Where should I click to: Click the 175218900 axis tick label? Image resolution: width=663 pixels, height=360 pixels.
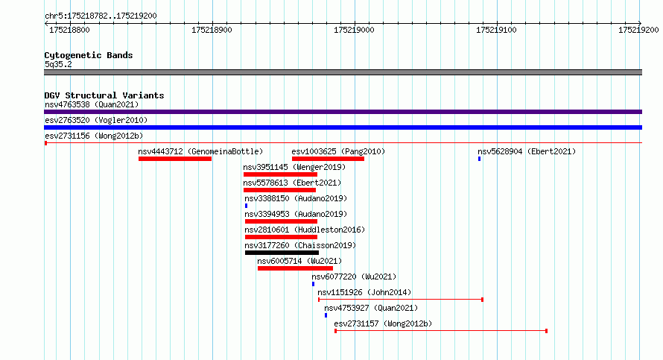[x=212, y=30]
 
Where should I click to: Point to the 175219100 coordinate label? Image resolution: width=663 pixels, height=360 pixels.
[x=496, y=30]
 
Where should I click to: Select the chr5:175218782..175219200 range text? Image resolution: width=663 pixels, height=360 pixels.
[x=101, y=16]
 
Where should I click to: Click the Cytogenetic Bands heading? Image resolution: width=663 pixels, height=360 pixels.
[x=89, y=55]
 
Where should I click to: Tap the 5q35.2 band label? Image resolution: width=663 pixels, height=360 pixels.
[x=58, y=64]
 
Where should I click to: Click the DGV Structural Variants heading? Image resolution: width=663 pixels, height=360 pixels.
[x=104, y=95]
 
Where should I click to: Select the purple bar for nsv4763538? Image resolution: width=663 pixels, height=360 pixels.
[x=343, y=112]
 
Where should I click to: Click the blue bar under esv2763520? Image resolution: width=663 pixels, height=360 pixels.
[x=343, y=127]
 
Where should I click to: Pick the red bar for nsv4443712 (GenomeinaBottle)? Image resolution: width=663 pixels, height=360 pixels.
[x=174, y=159]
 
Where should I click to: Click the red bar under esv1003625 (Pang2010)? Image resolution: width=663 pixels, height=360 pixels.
[x=328, y=159]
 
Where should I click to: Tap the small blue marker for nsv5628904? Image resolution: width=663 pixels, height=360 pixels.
[x=480, y=159]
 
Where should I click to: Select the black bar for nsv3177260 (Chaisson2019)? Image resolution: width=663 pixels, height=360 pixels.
[x=282, y=253]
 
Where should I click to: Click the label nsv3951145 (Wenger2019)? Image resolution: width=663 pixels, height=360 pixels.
[x=294, y=167]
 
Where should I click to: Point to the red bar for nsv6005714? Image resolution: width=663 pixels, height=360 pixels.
[x=295, y=268]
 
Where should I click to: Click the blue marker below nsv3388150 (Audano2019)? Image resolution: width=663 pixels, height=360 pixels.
[x=246, y=206]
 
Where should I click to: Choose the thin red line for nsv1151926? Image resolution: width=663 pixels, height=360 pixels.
[x=401, y=300]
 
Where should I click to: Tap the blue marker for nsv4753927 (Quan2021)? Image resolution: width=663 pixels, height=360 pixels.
[x=326, y=315]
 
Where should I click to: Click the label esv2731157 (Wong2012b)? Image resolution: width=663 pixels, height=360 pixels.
[x=383, y=323]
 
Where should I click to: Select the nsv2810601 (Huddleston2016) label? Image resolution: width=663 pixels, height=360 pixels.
[x=305, y=230]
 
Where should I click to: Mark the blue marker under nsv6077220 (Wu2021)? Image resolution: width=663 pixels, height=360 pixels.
[x=314, y=284]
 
